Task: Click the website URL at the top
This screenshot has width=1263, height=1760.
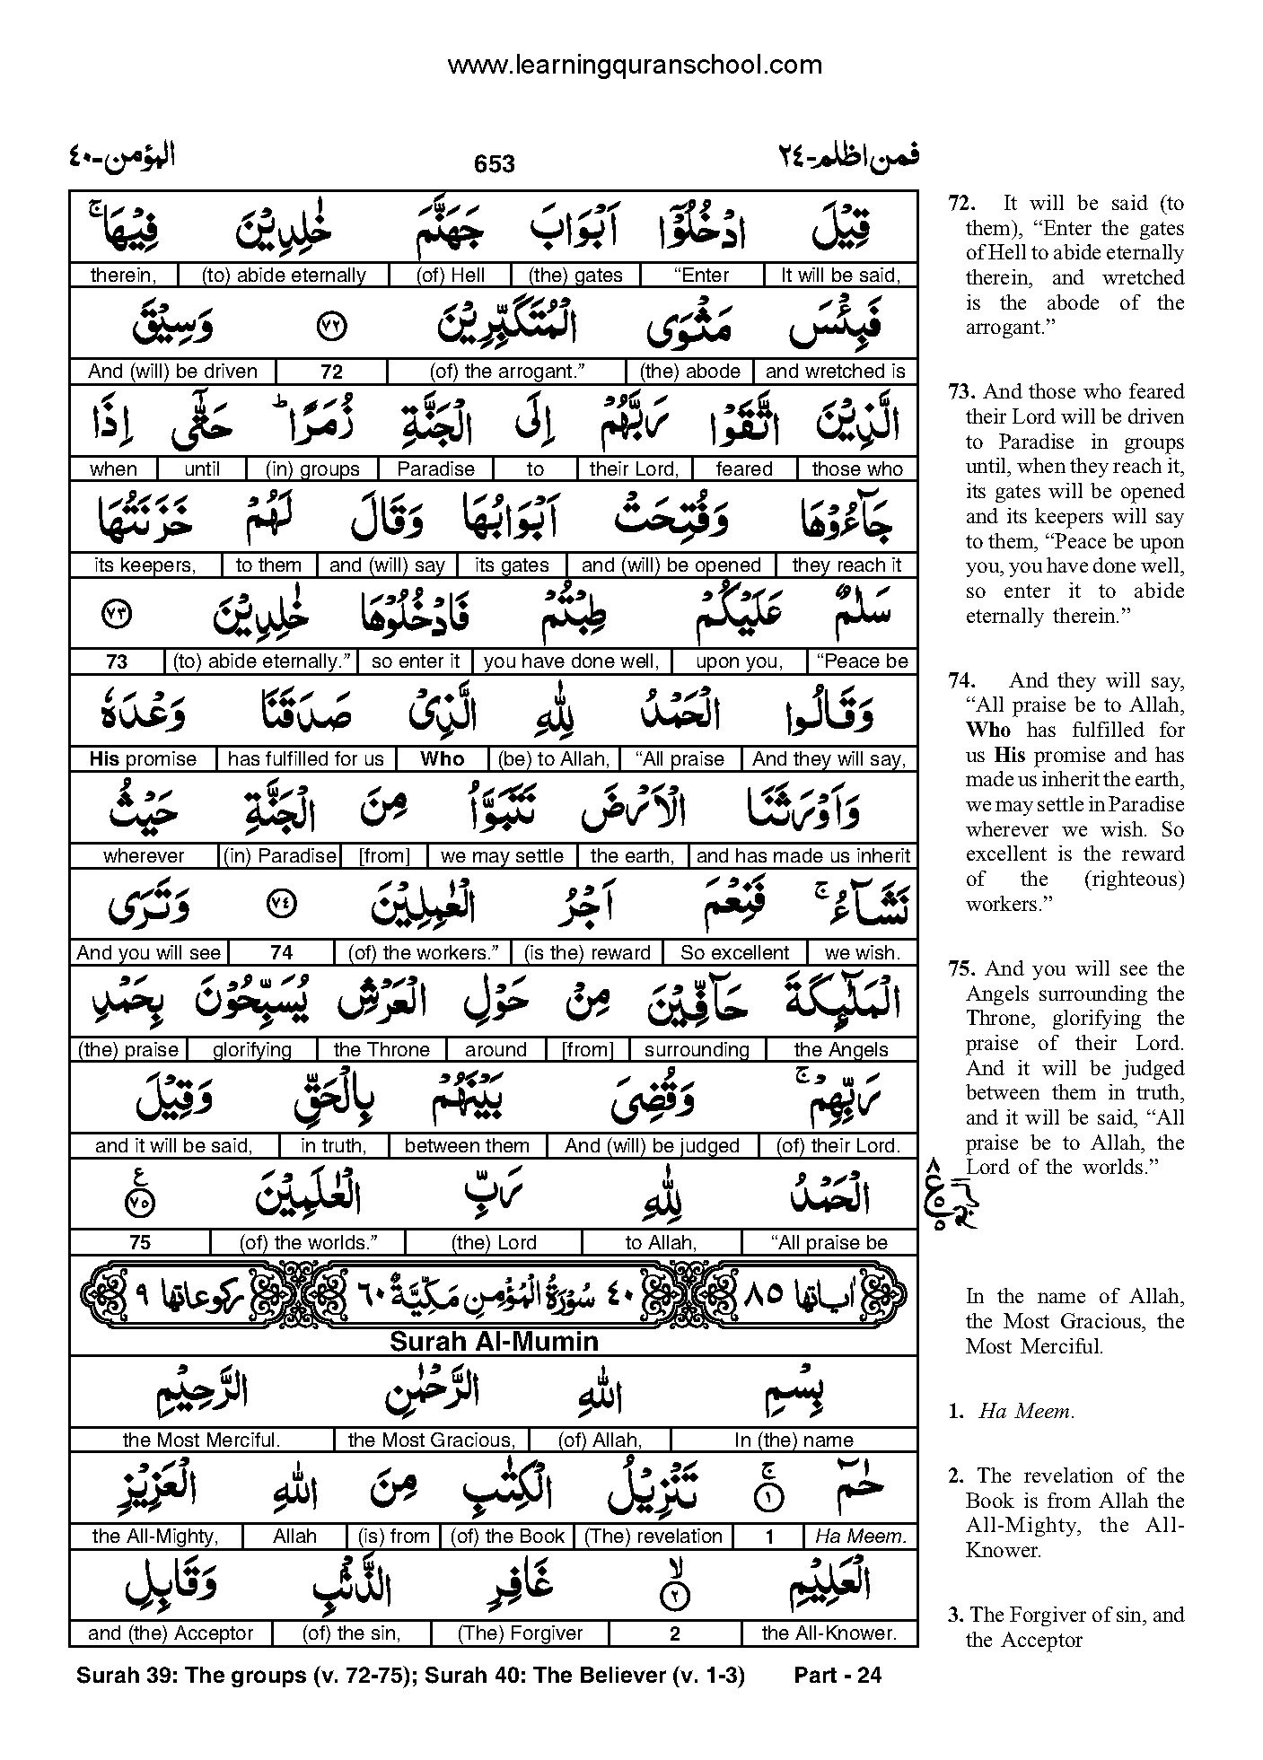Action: pyautogui.click(x=634, y=65)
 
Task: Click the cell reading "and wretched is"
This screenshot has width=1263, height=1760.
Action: pyautogui.click(x=835, y=372)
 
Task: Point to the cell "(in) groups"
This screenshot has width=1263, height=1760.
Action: pyautogui.click(x=312, y=468)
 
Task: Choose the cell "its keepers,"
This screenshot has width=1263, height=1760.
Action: pyautogui.click(x=145, y=565)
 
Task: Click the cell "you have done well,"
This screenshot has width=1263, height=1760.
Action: pyautogui.click(x=571, y=662)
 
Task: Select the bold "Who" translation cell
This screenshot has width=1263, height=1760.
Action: pyautogui.click(x=443, y=759)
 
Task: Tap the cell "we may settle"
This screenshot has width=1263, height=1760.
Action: pyautogui.click(x=502, y=856)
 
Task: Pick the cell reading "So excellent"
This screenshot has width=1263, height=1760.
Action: pyautogui.click(x=734, y=953)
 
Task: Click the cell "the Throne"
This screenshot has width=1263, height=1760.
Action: pyautogui.click(x=382, y=1050)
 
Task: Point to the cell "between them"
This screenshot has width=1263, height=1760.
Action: pyautogui.click(x=467, y=1146)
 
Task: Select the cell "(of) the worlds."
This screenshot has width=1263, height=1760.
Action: pyautogui.click(x=308, y=1243)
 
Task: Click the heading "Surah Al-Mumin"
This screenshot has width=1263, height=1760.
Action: pyautogui.click(x=494, y=1342)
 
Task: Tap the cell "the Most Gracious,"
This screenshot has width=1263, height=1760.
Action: pyautogui.click(x=431, y=1440)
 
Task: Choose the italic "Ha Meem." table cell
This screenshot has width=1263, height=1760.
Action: pyautogui.click(x=859, y=1537)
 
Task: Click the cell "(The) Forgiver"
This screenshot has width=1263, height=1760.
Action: pyautogui.click(x=520, y=1633)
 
